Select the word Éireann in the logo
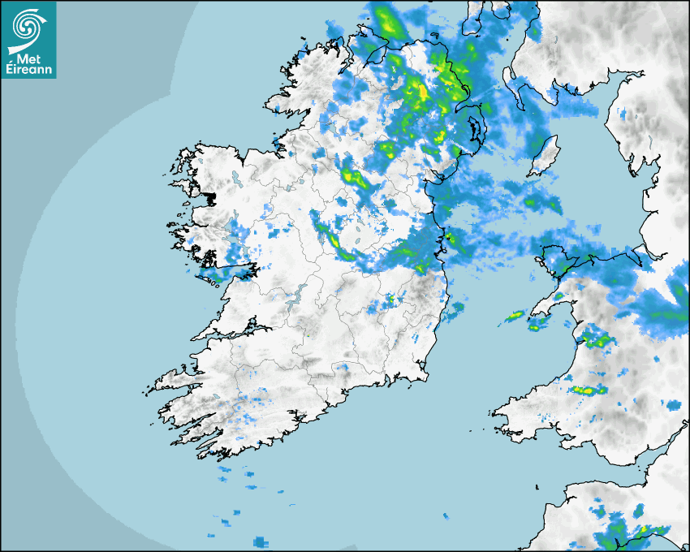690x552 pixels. click(28, 71)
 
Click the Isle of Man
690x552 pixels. click(545, 157)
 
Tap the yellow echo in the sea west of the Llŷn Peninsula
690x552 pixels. click(515, 315)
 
